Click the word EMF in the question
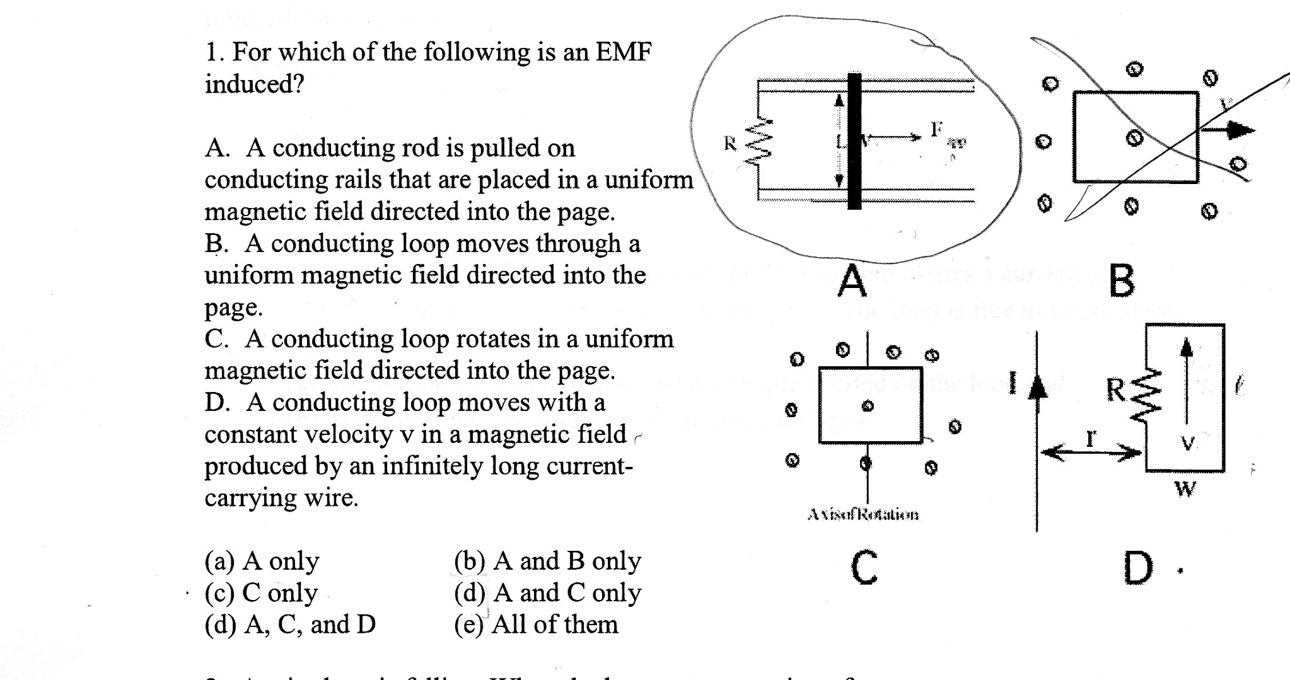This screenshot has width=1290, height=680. [623, 52]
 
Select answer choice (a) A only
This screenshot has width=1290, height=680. [262, 560]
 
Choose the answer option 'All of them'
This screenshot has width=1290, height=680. [536, 625]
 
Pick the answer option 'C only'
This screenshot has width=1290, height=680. [262, 592]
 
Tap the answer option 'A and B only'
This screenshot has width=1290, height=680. [547, 560]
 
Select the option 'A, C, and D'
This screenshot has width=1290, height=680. [290, 625]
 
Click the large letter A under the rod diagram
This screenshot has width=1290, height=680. [852, 281]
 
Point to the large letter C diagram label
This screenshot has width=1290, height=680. [864, 567]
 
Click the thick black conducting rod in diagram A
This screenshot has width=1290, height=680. [854, 141]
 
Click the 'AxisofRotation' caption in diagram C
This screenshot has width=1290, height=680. [863, 515]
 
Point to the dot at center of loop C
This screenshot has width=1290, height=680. [868, 406]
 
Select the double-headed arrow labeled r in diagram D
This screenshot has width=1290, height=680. [1090, 452]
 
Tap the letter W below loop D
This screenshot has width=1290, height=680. [1185, 488]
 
